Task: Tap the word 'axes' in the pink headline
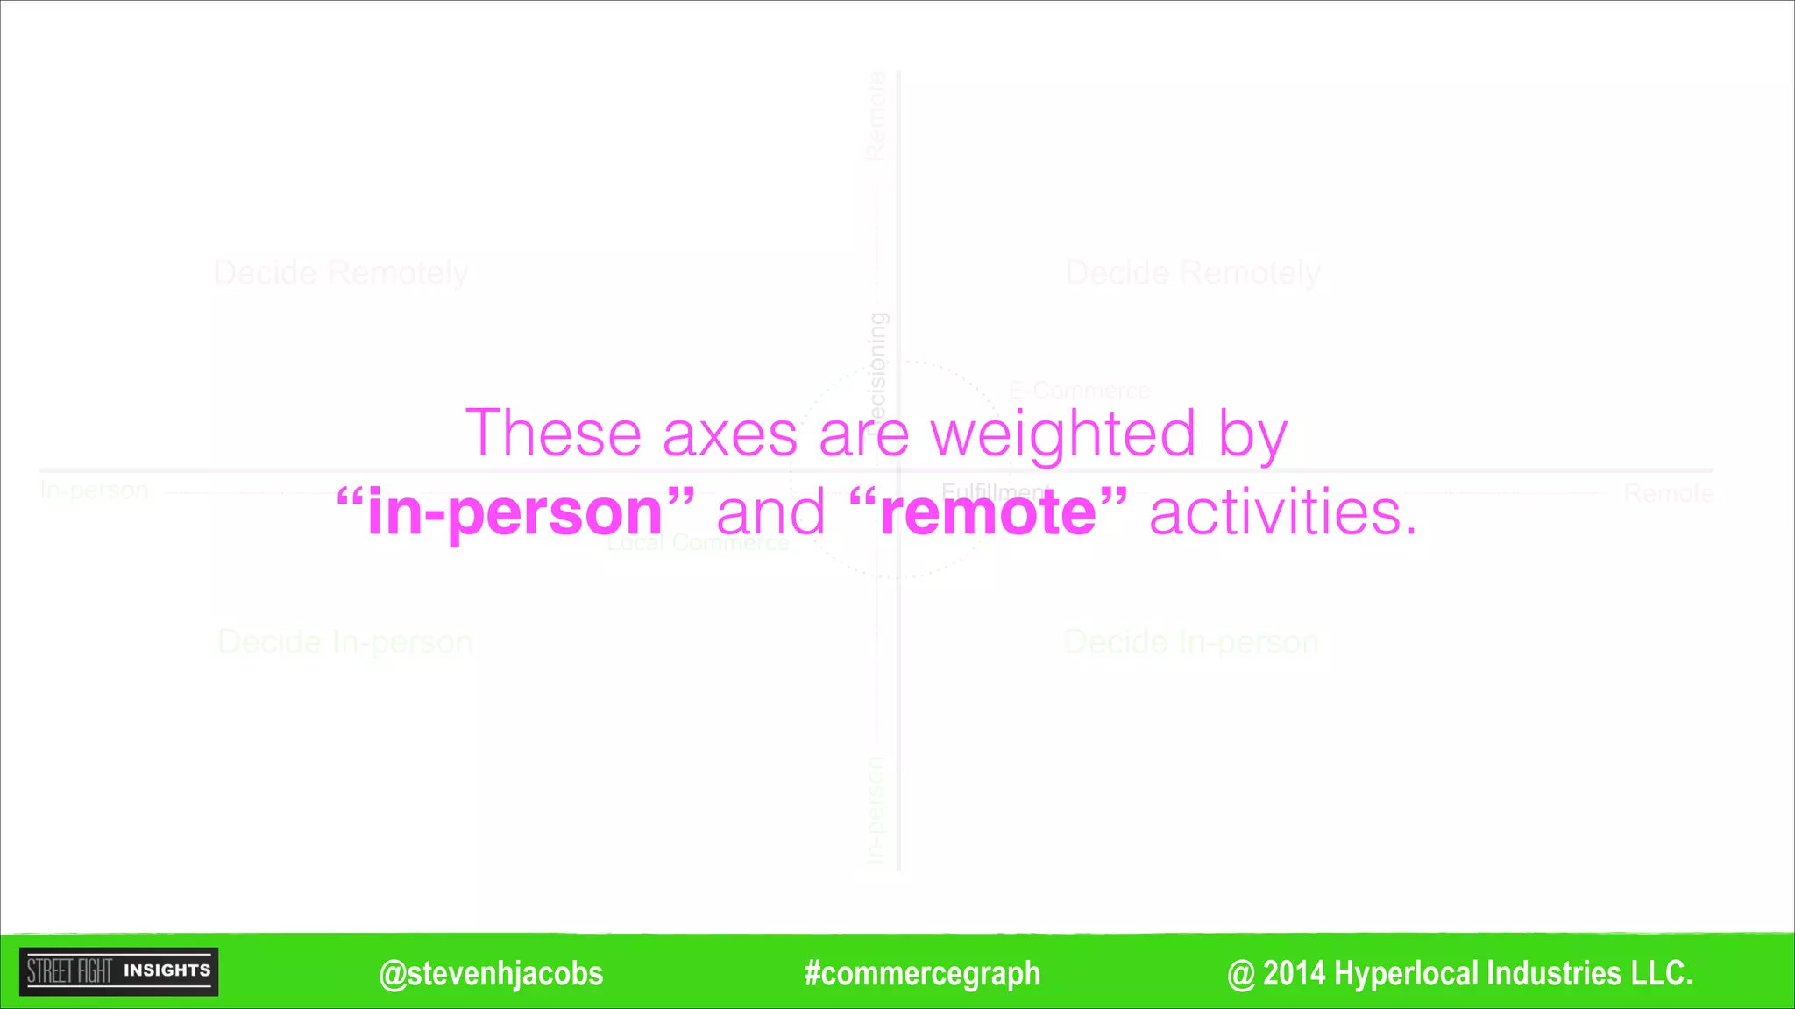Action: (x=729, y=434)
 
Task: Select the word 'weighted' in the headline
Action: (x=1062, y=434)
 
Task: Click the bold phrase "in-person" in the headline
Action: (x=515, y=513)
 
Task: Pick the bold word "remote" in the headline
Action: (x=988, y=512)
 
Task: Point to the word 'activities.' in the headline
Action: (x=1282, y=512)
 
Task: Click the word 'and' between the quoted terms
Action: (x=771, y=513)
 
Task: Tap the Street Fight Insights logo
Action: (x=119, y=971)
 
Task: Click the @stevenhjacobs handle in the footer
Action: (x=491, y=973)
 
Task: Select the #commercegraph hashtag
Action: (x=922, y=973)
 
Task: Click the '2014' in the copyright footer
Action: (x=1294, y=973)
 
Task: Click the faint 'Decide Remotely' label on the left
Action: (x=340, y=273)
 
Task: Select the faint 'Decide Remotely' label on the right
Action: (x=1192, y=273)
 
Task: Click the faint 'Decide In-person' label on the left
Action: (x=344, y=642)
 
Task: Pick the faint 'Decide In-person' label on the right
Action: (x=1190, y=642)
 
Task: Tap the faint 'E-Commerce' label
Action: (x=1079, y=391)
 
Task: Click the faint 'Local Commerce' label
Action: (x=699, y=543)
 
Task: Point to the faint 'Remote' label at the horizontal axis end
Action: (x=1668, y=493)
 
